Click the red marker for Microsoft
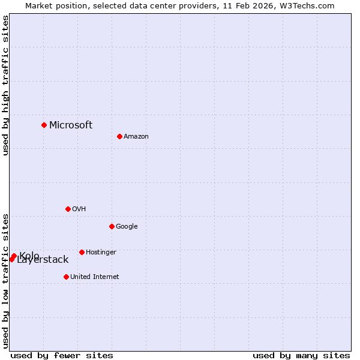click(44, 125)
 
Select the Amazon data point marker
click(119, 136)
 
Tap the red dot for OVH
click(68, 209)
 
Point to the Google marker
click(112, 226)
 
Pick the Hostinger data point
click(82, 252)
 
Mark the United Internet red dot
click(66, 277)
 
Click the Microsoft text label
click(71, 125)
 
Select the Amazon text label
click(136, 136)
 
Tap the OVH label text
click(79, 209)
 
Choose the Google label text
click(127, 226)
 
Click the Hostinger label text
click(101, 252)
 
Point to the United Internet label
click(95, 277)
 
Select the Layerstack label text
click(43, 260)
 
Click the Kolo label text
click(29, 256)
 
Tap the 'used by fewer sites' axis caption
click(62, 355)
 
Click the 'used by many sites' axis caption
click(301, 355)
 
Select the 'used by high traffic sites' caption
click(5, 85)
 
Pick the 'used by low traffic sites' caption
click(5, 280)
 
